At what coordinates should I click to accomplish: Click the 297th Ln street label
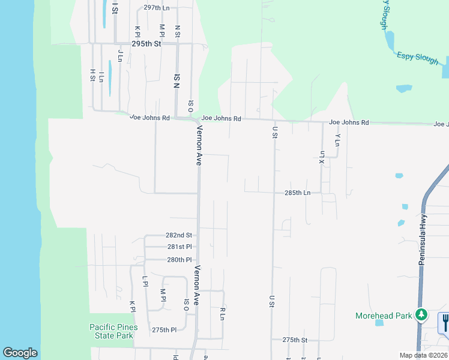click(157, 8)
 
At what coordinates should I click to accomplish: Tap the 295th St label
click(147, 44)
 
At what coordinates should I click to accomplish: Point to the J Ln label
click(121, 56)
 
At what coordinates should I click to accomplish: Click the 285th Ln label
click(297, 193)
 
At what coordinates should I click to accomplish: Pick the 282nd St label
click(179, 235)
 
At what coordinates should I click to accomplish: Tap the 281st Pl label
click(179, 247)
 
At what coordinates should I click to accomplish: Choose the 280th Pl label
click(179, 260)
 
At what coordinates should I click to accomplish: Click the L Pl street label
click(145, 281)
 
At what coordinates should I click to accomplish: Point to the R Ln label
click(222, 313)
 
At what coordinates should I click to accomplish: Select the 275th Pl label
click(164, 330)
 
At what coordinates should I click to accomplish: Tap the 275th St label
click(295, 340)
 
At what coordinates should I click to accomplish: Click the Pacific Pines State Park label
click(113, 331)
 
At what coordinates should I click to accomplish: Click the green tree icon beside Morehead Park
click(422, 314)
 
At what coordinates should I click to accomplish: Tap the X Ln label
click(322, 157)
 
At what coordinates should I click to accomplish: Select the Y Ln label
click(338, 140)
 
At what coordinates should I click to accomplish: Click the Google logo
click(20, 353)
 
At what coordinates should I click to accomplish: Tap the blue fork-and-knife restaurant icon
click(445, 323)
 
